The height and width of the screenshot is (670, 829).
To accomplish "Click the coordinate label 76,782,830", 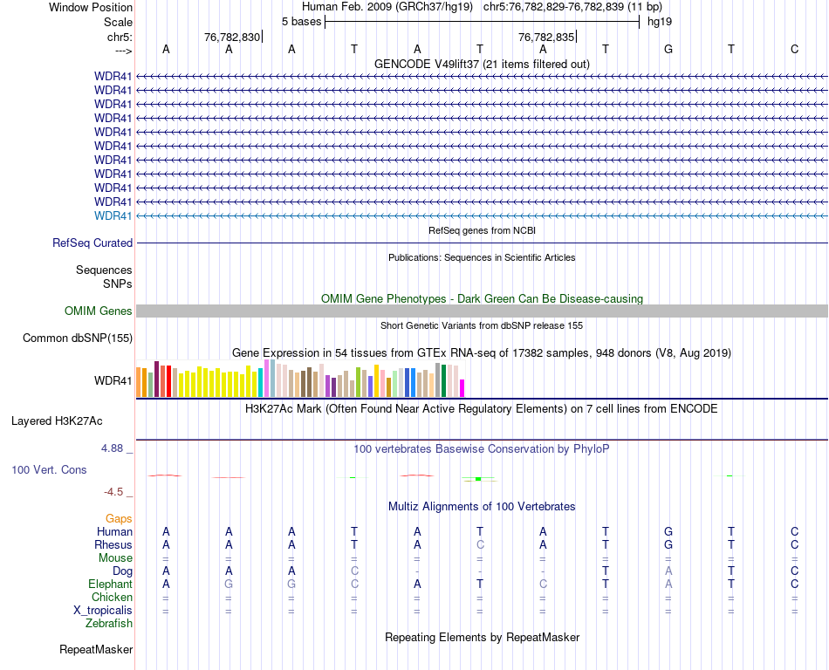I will point(231,38).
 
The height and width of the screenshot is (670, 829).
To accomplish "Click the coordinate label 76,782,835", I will point(546,38).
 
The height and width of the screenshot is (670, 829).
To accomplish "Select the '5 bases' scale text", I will point(302,21).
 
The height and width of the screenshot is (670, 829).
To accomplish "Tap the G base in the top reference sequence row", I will point(668,49).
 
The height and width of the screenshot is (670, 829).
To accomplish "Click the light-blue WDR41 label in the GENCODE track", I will point(113,215).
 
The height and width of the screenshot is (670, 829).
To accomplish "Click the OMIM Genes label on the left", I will point(99,311).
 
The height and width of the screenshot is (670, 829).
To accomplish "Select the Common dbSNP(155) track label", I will point(78,338).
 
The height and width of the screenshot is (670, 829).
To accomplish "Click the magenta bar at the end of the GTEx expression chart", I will point(462,387).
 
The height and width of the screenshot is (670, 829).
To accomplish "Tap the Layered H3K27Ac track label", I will point(57,421).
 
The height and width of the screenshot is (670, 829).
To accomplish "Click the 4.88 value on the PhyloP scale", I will point(113,448).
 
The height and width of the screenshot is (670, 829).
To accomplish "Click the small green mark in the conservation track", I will point(478,479).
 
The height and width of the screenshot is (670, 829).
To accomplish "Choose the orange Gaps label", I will point(119,519).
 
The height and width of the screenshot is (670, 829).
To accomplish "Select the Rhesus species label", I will point(113,545).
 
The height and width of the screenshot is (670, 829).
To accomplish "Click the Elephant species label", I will point(110,585).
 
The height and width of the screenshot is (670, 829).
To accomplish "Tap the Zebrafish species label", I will point(109,624).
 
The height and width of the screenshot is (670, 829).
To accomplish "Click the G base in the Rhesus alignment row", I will point(668,545).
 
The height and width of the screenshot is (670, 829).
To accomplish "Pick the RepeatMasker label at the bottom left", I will point(96,650).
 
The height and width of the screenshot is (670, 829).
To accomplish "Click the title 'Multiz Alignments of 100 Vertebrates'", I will point(482,507).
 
